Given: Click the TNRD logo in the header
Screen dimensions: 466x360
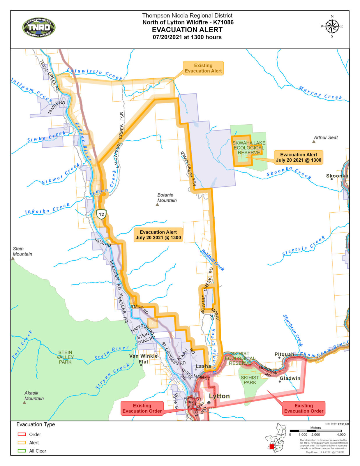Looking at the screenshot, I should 39,27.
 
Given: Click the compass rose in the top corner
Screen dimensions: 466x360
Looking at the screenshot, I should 332,27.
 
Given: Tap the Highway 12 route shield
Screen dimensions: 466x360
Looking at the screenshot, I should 101,215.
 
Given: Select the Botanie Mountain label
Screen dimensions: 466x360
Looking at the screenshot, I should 167,197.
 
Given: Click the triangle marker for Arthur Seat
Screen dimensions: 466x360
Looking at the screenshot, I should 314,142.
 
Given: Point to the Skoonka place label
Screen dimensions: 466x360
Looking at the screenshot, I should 337,176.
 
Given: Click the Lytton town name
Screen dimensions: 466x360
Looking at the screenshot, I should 219,396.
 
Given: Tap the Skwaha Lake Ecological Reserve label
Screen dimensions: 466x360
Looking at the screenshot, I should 249,148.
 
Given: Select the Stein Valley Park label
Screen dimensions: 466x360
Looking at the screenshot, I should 65,357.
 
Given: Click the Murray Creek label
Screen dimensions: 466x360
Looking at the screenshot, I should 320,93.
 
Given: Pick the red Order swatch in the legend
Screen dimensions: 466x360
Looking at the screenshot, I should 22,434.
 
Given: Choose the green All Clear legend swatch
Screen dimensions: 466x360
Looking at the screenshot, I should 22,451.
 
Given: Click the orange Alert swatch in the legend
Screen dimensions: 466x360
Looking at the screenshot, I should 22,442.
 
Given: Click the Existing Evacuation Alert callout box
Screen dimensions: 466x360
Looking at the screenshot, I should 203,68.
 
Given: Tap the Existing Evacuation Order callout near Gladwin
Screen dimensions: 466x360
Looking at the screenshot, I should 303,408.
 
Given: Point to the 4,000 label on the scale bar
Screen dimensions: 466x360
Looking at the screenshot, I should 341,435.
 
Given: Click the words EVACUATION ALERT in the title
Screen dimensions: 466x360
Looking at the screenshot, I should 187,30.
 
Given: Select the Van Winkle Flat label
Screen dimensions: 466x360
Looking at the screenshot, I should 143,359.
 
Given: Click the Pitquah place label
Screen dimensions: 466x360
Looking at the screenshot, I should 284,354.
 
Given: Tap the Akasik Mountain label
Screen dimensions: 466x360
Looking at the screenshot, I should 34,396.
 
